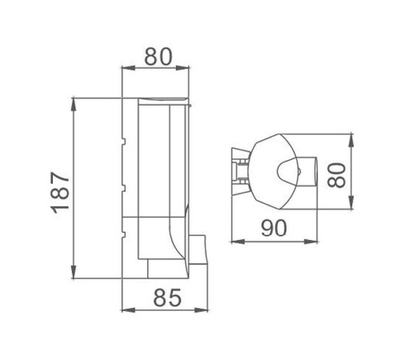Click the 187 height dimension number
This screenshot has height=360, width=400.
pos(60,193)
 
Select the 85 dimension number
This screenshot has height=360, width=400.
pos(167,298)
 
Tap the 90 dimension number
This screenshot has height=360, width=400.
pos(274,228)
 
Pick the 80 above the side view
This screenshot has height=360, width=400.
pos(158,57)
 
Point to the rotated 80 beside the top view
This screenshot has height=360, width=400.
pos(337,175)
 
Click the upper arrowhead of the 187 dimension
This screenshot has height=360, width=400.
pos(74,105)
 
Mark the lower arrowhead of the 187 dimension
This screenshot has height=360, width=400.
pos(74,272)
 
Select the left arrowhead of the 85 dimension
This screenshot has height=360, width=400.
pos(128,310)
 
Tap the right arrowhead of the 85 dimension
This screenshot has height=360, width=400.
pos(202,310)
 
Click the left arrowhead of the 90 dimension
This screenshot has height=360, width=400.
pos(238,242)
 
